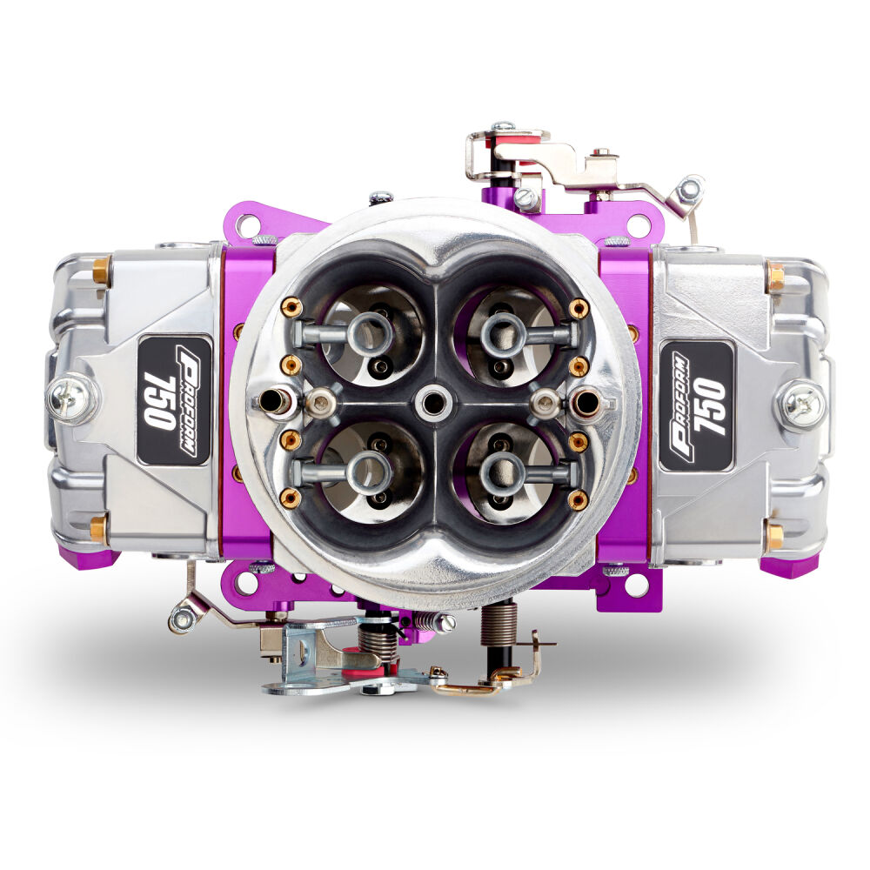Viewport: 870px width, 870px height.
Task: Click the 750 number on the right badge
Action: click(708, 406)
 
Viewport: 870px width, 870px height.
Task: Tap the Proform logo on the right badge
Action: click(680, 406)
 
